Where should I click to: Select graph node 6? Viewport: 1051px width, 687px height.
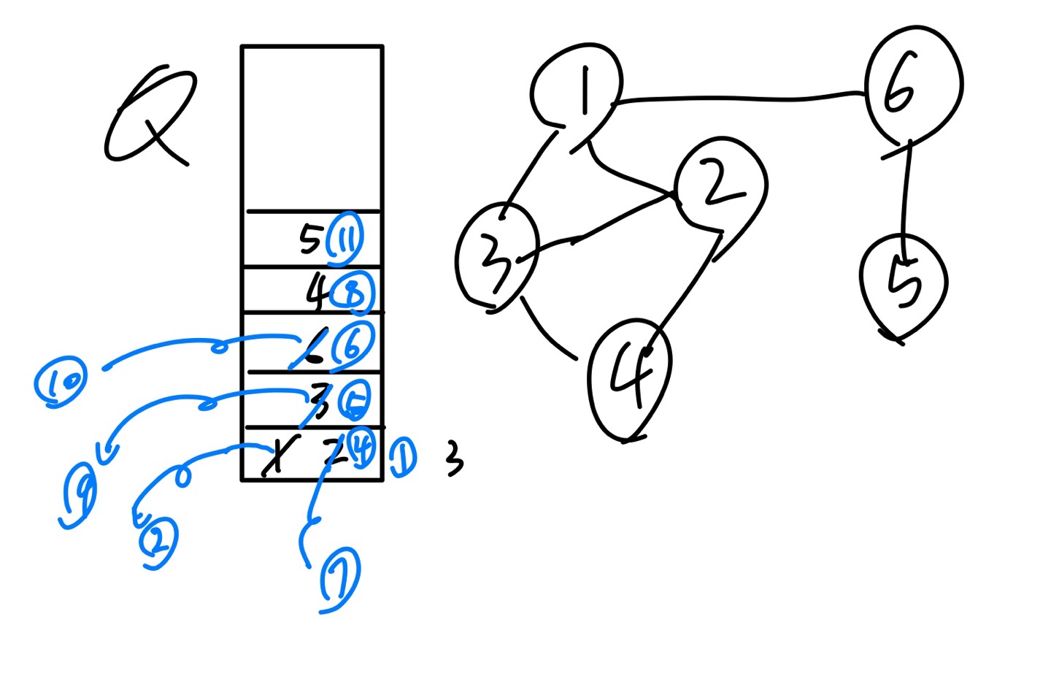tap(912, 86)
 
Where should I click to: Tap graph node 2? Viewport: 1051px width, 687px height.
tap(719, 183)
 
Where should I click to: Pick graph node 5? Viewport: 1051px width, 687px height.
tap(904, 283)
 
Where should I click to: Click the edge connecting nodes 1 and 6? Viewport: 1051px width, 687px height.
tap(737, 98)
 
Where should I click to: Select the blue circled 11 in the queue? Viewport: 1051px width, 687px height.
tap(344, 238)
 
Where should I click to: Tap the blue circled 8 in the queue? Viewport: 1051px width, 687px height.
tap(352, 292)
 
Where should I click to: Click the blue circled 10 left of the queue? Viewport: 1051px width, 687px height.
tap(61, 380)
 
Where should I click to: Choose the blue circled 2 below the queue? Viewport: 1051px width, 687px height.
tap(158, 542)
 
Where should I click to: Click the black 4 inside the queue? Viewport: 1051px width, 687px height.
tap(317, 292)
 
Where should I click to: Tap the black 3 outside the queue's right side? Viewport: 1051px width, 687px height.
tap(454, 460)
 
